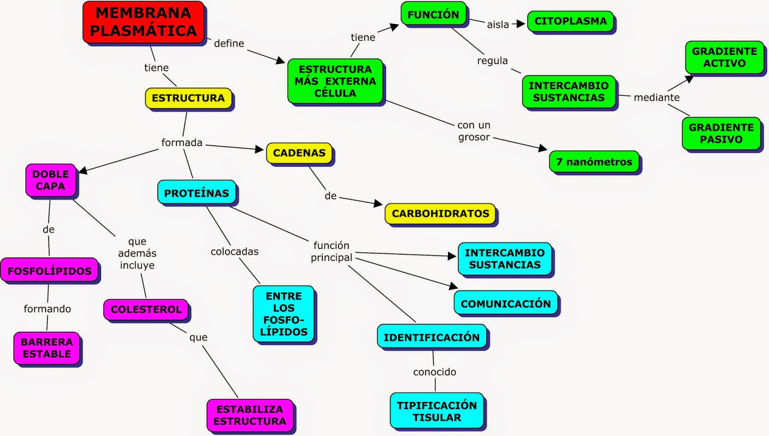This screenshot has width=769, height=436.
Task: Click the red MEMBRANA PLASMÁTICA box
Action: [143, 22]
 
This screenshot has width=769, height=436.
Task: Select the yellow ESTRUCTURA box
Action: [188, 98]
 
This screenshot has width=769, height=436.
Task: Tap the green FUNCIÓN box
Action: [433, 14]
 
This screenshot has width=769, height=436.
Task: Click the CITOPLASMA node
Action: [570, 21]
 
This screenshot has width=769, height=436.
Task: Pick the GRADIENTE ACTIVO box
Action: [724, 57]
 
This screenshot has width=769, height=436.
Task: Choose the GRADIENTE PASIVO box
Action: [721, 133]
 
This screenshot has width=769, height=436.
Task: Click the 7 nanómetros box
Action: [594, 162]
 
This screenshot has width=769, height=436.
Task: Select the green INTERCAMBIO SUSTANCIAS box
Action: [569, 92]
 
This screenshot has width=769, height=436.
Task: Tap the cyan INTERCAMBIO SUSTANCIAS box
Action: [505, 259]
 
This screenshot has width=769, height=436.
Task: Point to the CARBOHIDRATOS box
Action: [440, 214]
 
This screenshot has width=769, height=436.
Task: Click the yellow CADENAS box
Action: [299, 153]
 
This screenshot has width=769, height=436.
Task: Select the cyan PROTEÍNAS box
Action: [197, 193]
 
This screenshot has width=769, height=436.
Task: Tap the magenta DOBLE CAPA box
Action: [50, 180]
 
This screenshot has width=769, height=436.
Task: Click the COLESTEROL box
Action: [146, 310]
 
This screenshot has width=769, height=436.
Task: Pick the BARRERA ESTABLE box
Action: [47, 348]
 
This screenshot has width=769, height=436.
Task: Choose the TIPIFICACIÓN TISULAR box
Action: [436, 411]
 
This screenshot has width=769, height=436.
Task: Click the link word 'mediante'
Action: [657, 97]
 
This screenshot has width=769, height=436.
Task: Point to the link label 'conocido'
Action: [434, 372]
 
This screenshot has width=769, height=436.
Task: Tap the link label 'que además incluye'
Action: [137, 253]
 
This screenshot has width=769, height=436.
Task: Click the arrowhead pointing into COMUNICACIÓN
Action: [454, 286]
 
